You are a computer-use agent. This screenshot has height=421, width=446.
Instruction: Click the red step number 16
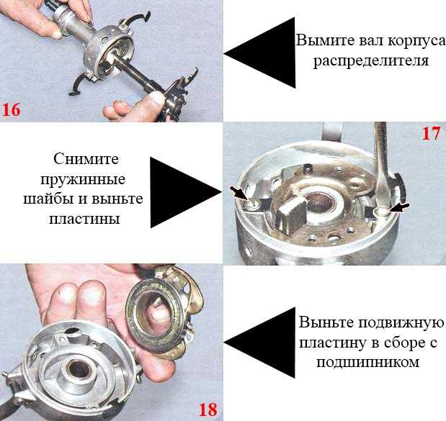12,109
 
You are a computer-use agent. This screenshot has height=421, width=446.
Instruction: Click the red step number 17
431,133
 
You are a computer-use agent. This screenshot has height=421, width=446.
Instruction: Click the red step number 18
208,410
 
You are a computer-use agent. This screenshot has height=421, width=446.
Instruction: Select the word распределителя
371,60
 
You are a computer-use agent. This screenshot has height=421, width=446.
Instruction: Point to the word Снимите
86,159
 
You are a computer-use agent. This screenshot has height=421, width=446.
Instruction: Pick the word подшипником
367,363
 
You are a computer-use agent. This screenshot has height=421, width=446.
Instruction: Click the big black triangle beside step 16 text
259,53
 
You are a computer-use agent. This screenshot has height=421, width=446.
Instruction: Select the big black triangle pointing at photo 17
186,192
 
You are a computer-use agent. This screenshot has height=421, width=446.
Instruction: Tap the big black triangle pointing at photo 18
259,343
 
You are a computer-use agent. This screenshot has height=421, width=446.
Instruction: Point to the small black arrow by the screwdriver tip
400,208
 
